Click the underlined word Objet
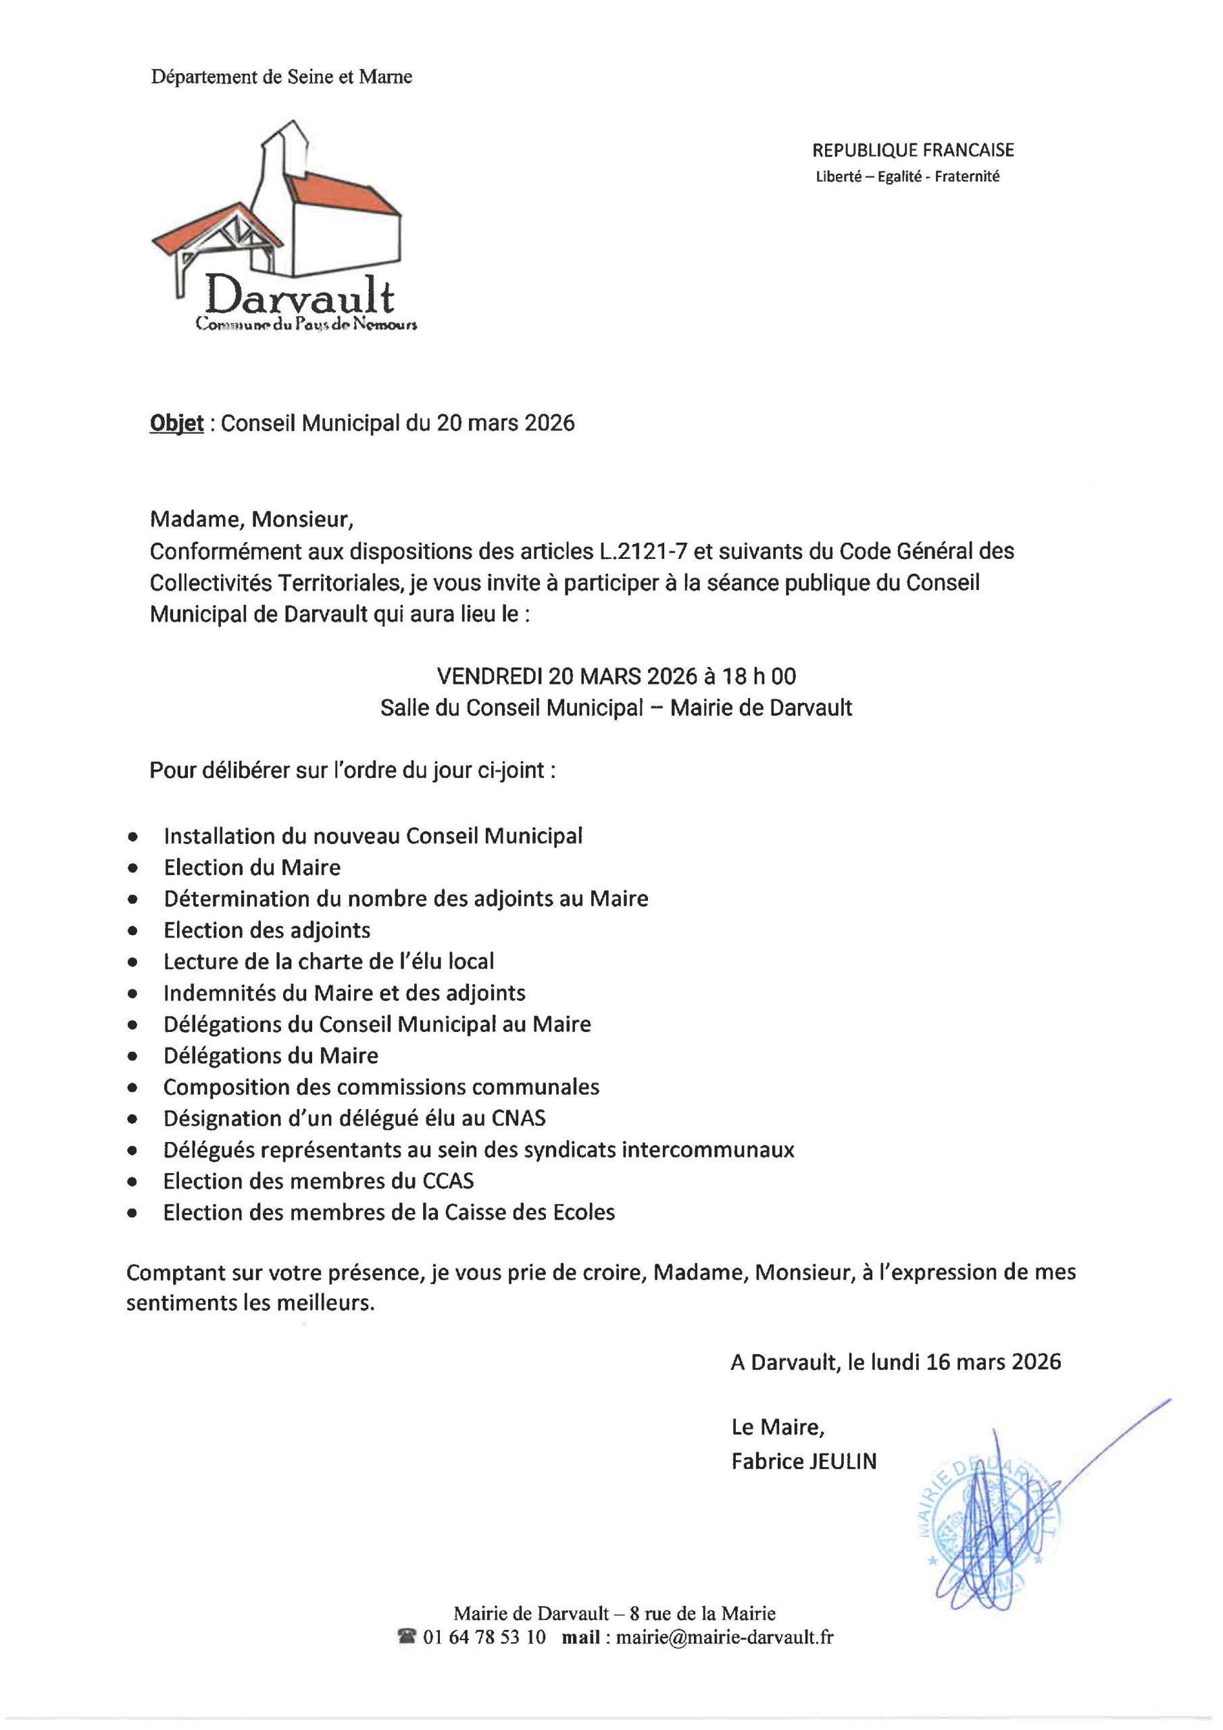coord(176,424)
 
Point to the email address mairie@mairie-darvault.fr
coord(724,1637)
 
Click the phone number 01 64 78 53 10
coord(484,1637)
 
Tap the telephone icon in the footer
coord(407,1637)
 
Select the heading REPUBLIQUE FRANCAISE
coord(913,150)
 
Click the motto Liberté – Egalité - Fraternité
coord(907,177)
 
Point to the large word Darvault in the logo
coord(299,296)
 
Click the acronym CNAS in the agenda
coord(518,1118)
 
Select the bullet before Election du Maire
coord(133,868)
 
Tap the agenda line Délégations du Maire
coord(270,1056)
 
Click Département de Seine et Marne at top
coord(281,76)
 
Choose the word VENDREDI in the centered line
coord(489,676)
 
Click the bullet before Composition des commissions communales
coord(133,1087)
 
